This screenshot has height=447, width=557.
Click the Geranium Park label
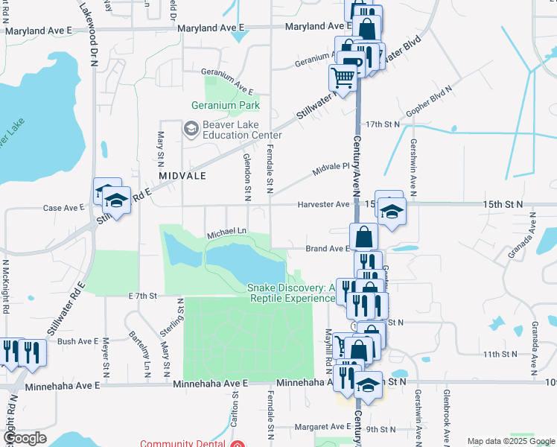point(225,106)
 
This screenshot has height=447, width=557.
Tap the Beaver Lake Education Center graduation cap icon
point(191,129)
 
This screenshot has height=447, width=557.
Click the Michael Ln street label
point(226,234)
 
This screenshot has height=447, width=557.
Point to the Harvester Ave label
point(323,204)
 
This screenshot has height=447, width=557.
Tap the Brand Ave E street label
point(327,249)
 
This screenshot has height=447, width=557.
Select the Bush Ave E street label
point(77,341)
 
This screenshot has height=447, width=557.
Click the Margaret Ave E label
point(322,427)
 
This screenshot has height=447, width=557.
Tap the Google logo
point(25,438)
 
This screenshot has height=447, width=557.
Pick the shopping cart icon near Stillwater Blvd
point(343,77)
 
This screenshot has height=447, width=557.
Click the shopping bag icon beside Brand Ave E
point(363,238)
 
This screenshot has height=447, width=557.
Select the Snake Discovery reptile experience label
point(291,293)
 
